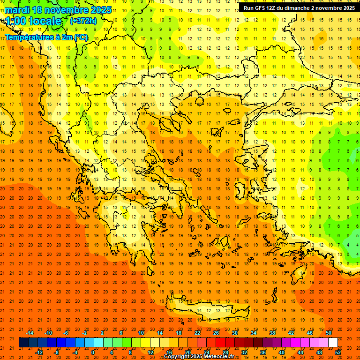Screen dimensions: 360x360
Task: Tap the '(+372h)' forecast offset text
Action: pos(83,21)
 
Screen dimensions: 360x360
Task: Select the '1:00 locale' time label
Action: pos(34,21)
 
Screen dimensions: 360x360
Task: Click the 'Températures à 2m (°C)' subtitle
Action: pos(46,37)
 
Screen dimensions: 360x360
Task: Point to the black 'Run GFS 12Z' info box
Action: pos(299,8)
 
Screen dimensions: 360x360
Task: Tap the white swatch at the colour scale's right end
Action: pos(333,343)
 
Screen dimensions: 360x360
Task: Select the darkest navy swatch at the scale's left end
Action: pos(23,343)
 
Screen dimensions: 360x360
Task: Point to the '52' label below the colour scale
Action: pos(338,352)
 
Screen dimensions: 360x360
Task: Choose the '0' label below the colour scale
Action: pos(93,352)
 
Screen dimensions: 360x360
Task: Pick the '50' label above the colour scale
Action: pos(329,333)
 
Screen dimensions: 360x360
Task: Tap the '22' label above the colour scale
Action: pos(197,333)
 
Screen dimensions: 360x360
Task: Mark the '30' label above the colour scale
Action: pos(235,333)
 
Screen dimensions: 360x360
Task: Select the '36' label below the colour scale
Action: pos(263,352)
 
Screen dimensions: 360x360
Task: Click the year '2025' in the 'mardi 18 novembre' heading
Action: pos(100,10)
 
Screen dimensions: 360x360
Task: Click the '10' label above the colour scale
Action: pos(141,333)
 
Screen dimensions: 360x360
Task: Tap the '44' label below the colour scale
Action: pos(300,352)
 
